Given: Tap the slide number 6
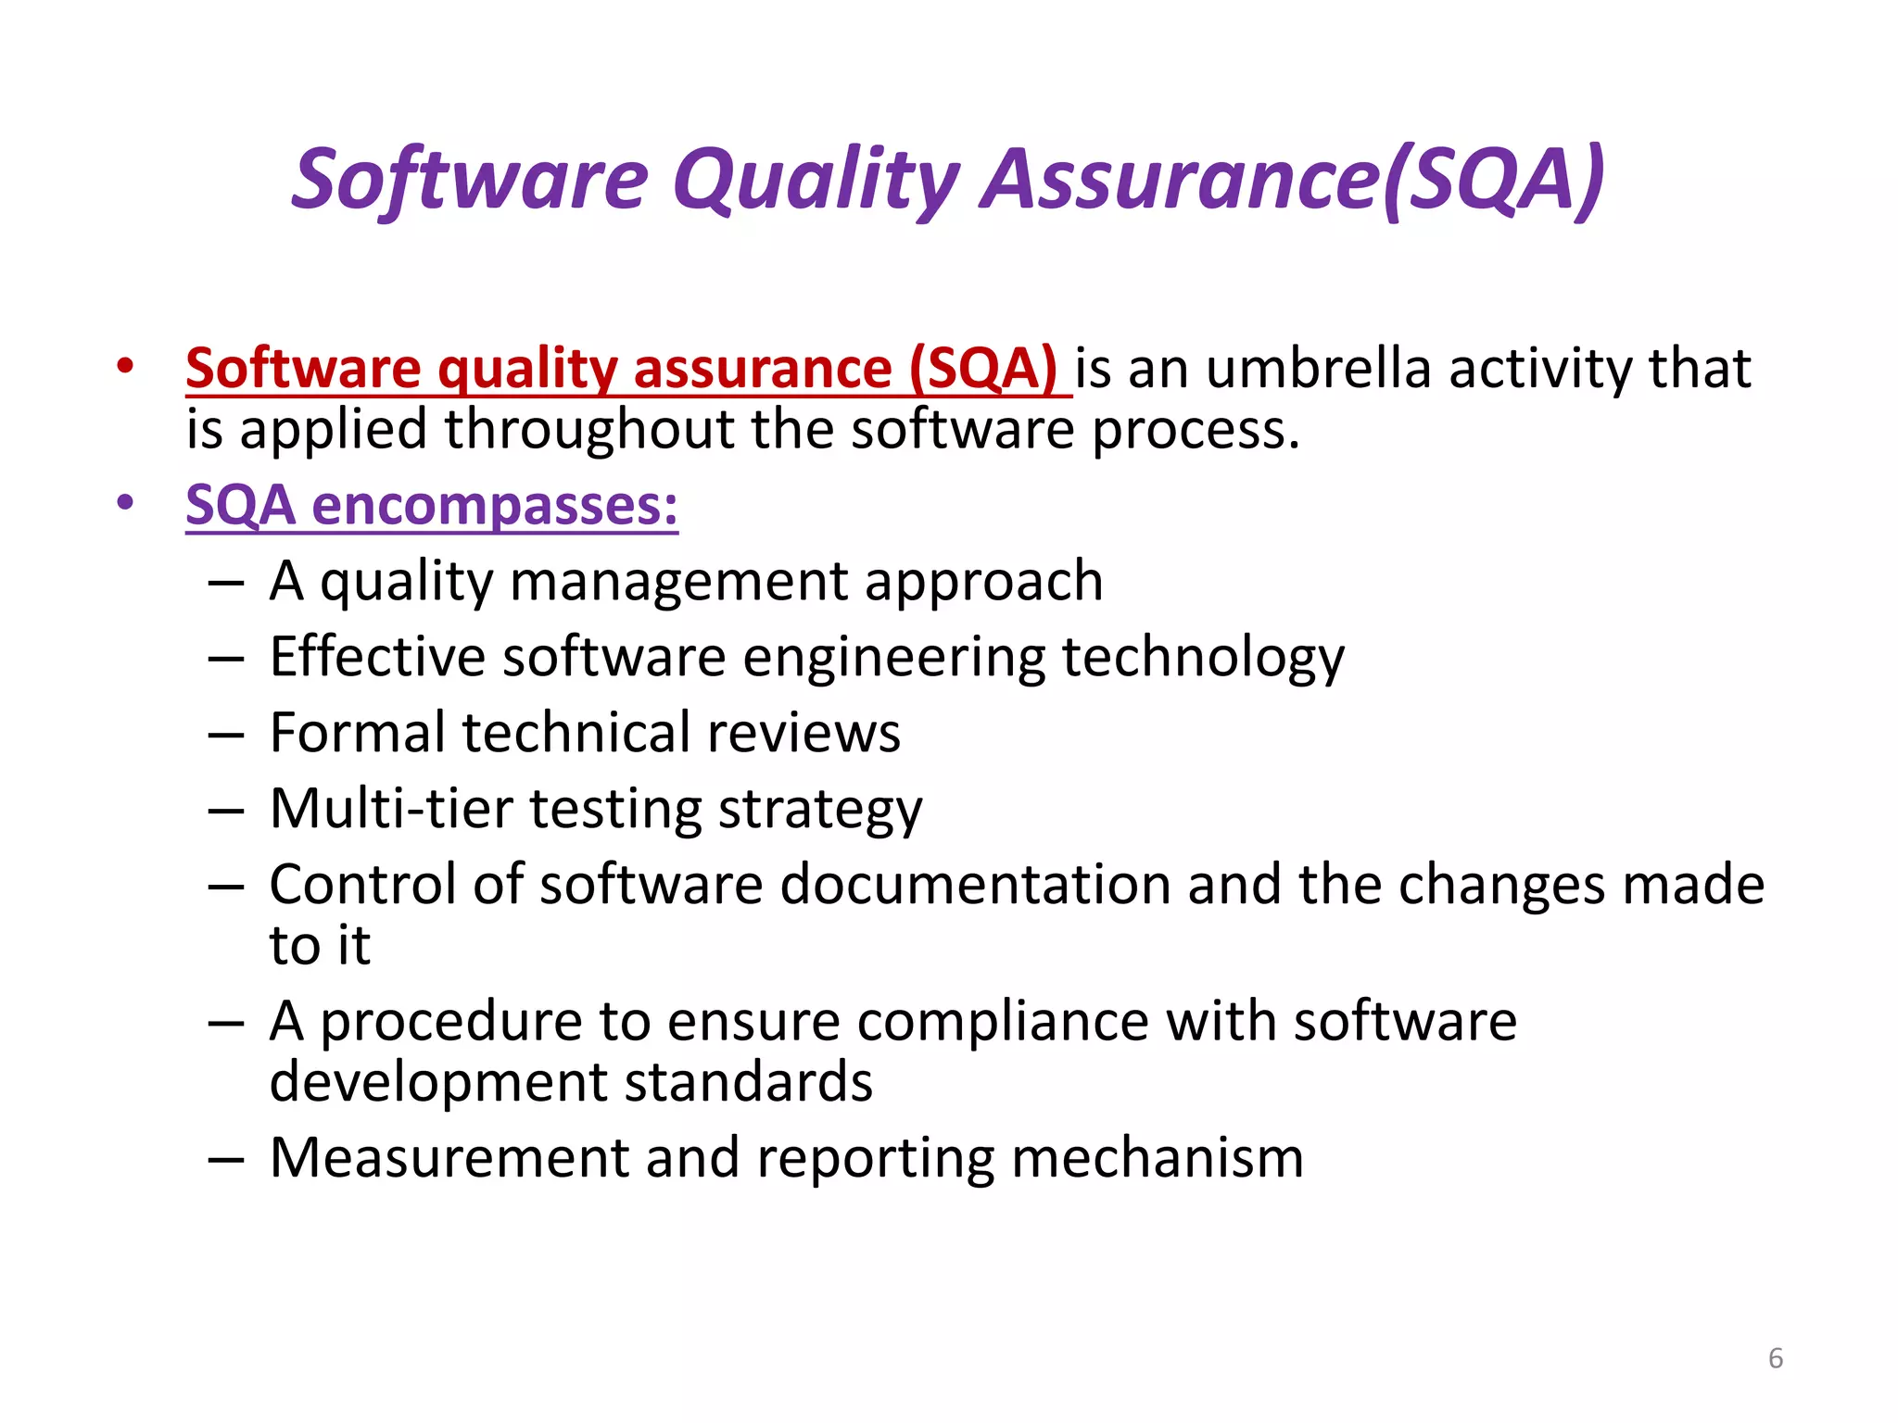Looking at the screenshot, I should tap(1775, 1358).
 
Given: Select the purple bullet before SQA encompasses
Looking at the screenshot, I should tap(125, 504).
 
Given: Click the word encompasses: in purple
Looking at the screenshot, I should tap(494, 506).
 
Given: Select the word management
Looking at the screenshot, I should tap(678, 582).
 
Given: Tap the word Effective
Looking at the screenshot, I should tap(377, 657).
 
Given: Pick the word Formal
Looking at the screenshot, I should tap(356, 733).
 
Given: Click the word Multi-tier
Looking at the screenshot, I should tap(390, 809).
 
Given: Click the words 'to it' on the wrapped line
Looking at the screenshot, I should tap(320, 946).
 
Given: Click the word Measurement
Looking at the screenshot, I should tap(449, 1158).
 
